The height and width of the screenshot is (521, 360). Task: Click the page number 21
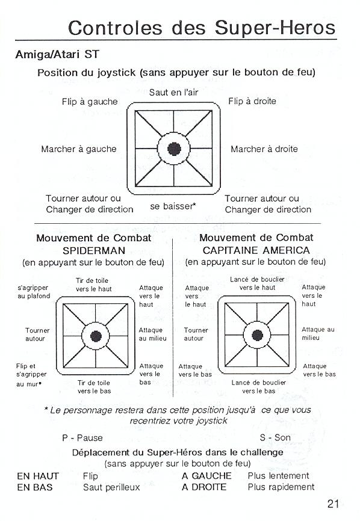(x=333, y=504)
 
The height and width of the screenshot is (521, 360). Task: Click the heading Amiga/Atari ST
(x=57, y=54)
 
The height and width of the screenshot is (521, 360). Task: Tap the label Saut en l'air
(x=173, y=93)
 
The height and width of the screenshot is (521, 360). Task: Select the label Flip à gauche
(x=90, y=102)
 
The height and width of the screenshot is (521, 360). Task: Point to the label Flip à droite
(x=252, y=101)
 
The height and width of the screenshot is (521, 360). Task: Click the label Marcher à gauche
(x=79, y=149)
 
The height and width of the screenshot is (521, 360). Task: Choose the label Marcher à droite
(x=264, y=149)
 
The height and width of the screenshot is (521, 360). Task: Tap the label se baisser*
(x=173, y=206)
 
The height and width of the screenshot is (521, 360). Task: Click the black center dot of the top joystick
(x=174, y=149)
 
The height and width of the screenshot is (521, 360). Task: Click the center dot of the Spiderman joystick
(x=96, y=336)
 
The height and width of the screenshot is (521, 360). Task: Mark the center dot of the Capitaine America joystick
(x=257, y=335)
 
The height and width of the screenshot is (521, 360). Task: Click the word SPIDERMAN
(x=94, y=250)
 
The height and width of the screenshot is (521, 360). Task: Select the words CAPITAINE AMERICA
(x=256, y=250)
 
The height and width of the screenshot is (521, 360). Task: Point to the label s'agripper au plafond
(x=34, y=292)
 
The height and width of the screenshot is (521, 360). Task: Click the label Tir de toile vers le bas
(x=94, y=387)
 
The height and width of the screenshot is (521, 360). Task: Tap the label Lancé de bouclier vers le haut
(x=257, y=283)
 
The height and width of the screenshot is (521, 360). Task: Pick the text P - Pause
(x=82, y=437)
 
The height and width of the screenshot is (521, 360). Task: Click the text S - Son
(x=275, y=437)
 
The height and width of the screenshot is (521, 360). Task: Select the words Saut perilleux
(x=111, y=487)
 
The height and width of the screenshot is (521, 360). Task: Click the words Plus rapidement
(x=281, y=487)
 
